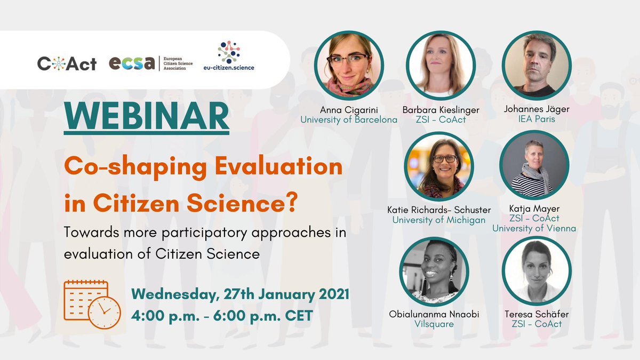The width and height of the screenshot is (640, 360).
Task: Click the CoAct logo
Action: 67,63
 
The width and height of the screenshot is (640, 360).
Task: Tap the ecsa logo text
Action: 132,63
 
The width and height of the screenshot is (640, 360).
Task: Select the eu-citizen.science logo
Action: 229,58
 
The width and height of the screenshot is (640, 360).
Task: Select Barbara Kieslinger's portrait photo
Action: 441,66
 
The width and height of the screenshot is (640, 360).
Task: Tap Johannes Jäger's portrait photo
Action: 537,66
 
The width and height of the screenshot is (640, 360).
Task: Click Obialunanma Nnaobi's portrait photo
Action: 434,271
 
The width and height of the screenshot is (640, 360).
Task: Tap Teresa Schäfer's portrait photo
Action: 537,271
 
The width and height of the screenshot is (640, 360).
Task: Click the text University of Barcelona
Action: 349,119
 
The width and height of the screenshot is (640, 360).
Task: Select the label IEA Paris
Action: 537,119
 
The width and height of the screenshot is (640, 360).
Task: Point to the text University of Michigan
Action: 439,220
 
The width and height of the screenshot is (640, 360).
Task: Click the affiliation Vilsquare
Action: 434,324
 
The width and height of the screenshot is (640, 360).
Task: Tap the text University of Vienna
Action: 534,229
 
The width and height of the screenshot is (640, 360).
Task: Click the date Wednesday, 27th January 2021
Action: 240,294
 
